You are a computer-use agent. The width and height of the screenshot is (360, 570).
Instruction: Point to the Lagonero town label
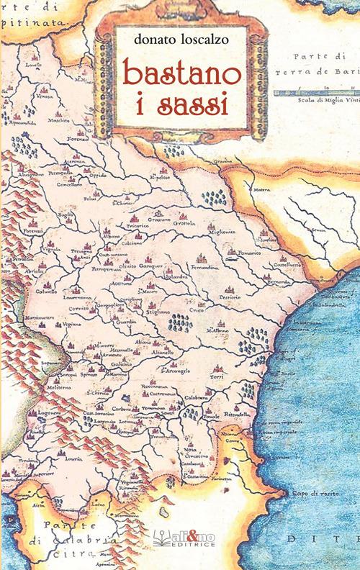(x=29, y=415)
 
